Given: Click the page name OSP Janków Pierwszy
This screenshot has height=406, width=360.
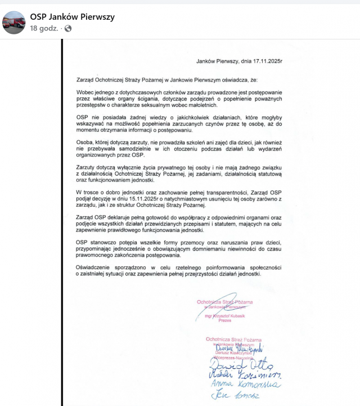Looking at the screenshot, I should click(72, 17).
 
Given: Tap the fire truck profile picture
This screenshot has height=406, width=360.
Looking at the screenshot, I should click(13, 22).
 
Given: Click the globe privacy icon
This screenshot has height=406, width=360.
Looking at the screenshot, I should click(68, 28).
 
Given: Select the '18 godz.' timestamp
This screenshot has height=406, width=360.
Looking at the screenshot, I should click(43, 28).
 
